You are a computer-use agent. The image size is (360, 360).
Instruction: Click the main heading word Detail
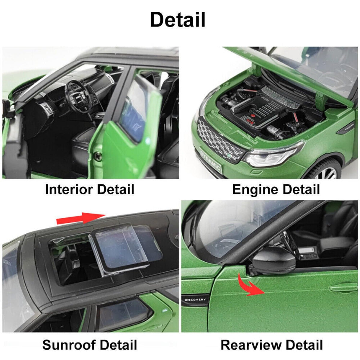click(x=178, y=19)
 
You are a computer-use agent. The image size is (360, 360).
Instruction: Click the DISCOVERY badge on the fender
click(x=195, y=300)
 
